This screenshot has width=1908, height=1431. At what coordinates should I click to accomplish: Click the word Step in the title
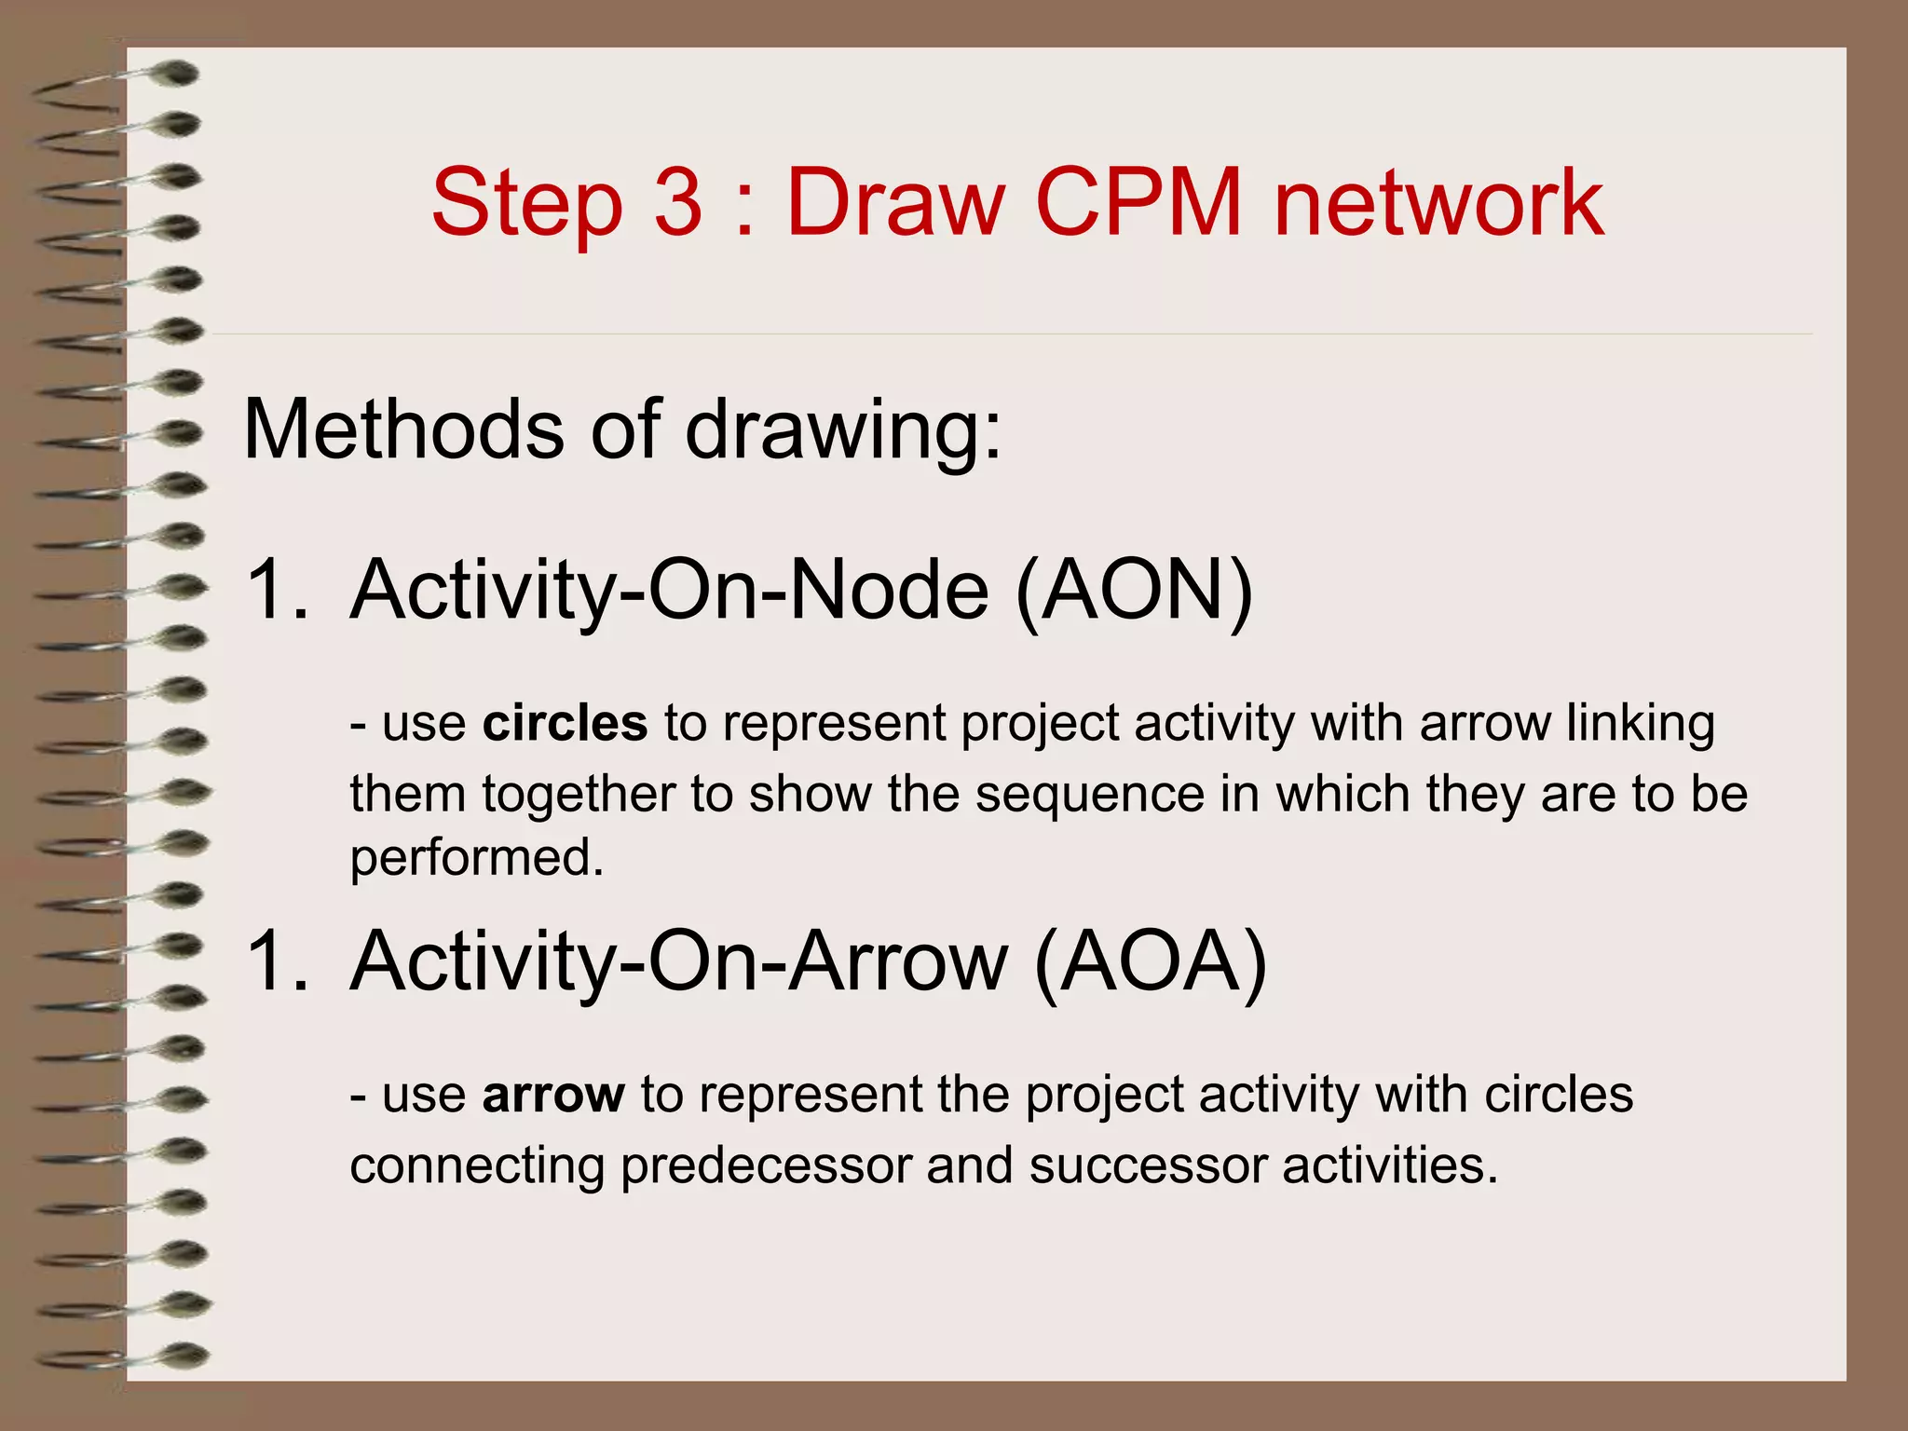click(526, 203)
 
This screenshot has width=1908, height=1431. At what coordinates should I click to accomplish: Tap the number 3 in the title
click(677, 203)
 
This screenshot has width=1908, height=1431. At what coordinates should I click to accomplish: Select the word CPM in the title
click(1138, 203)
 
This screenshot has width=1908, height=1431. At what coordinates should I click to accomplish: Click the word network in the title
click(1438, 203)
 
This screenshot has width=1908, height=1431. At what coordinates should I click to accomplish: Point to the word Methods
click(403, 429)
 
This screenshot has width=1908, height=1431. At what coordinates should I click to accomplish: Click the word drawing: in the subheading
click(844, 431)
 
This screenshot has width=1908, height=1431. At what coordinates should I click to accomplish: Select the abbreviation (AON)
click(1135, 590)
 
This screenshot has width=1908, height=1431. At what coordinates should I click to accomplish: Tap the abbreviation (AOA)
click(1151, 961)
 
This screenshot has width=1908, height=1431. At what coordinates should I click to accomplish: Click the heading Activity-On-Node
click(669, 590)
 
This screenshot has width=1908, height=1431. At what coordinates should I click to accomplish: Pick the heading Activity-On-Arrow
click(679, 961)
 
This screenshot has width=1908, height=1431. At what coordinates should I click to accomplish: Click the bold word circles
click(565, 724)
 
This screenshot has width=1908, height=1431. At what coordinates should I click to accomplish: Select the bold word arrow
click(553, 1096)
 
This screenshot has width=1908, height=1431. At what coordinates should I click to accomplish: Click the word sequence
click(1089, 796)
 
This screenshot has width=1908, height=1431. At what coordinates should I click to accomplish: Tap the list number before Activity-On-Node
click(276, 590)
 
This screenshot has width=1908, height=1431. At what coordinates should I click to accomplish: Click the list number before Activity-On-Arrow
click(276, 961)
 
